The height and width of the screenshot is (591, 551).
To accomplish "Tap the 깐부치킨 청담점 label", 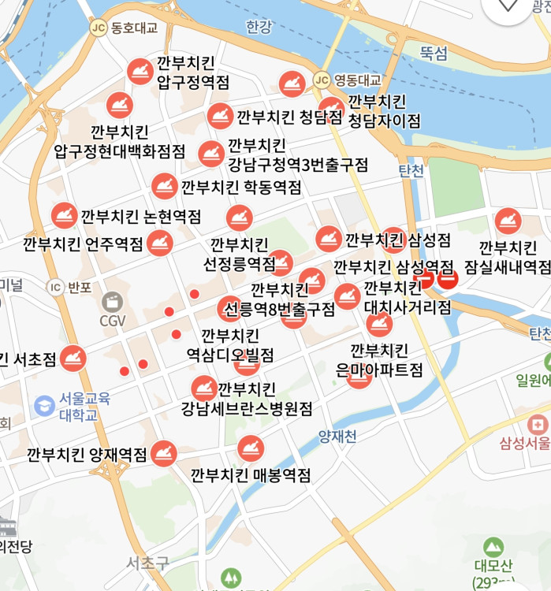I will [x=289, y=117].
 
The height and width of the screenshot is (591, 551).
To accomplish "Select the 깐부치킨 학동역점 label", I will [x=241, y=188].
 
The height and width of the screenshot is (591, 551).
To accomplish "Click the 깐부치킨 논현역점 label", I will [x=141, y=216].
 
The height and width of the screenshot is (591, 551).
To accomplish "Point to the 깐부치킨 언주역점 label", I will [x=84, y=243].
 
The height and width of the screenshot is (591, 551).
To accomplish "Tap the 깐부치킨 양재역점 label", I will [x=87, y=455].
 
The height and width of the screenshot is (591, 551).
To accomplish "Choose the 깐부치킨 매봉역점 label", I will [x=251, y=475].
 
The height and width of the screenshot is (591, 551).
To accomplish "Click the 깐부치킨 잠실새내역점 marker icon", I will [x=507, y=221].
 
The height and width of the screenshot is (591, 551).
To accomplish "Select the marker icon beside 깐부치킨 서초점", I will [x=73, y=359].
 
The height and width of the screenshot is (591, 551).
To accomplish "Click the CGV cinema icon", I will [x=113, y=302].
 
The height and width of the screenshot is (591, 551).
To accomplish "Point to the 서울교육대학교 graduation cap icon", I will [x=45, y=406].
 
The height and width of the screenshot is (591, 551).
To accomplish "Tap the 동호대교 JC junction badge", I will [x=98, y=28].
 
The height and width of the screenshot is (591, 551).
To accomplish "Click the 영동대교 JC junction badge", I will [x=321, y=80].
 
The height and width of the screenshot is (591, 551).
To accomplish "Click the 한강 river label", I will [x=258, y=28].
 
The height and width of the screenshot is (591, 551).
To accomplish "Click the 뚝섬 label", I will [x=434, y=54].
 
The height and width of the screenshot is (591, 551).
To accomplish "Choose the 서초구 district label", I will [x=148, y=563].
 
